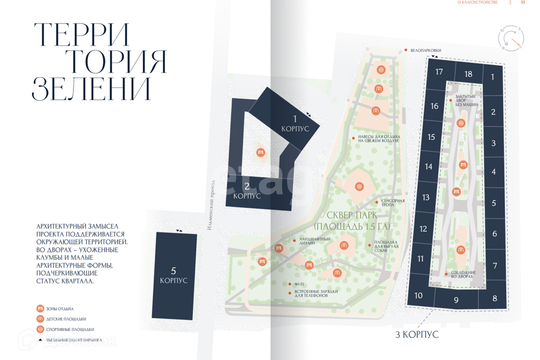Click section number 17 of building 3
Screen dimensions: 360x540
(x=439, y=72)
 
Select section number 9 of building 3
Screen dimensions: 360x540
(x=456, y=300)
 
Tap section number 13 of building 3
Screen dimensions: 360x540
(x=426, y=197)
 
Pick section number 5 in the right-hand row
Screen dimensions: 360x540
(x=494, y=204)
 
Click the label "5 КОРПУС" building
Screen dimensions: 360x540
(x=173, y=275)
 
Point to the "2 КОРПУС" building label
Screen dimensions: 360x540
(x=247, y=191)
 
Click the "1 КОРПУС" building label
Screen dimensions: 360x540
(x=295, y=123)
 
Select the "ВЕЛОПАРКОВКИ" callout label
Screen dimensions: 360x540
(x=426, y=51)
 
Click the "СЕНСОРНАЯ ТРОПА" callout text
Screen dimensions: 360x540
(x=393, y=203)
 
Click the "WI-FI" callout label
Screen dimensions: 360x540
(x=299, y=284)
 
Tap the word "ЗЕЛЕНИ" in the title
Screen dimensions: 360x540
(x=92, y=88)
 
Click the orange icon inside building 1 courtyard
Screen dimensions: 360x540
(x=260, y=152)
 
